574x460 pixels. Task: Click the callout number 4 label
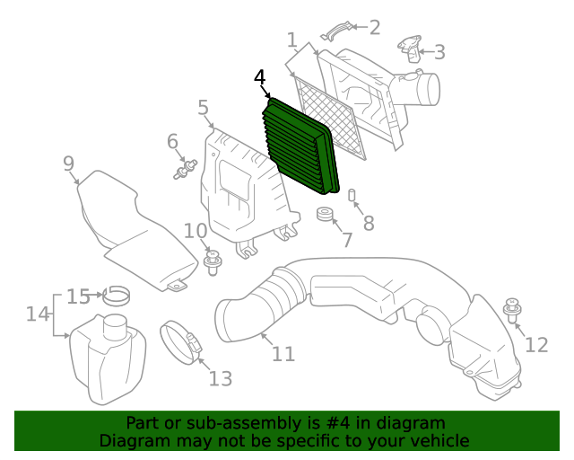pos(260,78)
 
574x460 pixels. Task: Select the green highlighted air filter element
pos(301,147)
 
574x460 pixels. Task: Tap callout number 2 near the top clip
pos(373,28)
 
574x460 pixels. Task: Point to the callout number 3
pos(439,52)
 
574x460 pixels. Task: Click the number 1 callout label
pos(292,40)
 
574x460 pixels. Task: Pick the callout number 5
pos(204,110)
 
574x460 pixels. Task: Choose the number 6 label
pos(172,141)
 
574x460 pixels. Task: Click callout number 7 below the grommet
pos(347,241)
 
